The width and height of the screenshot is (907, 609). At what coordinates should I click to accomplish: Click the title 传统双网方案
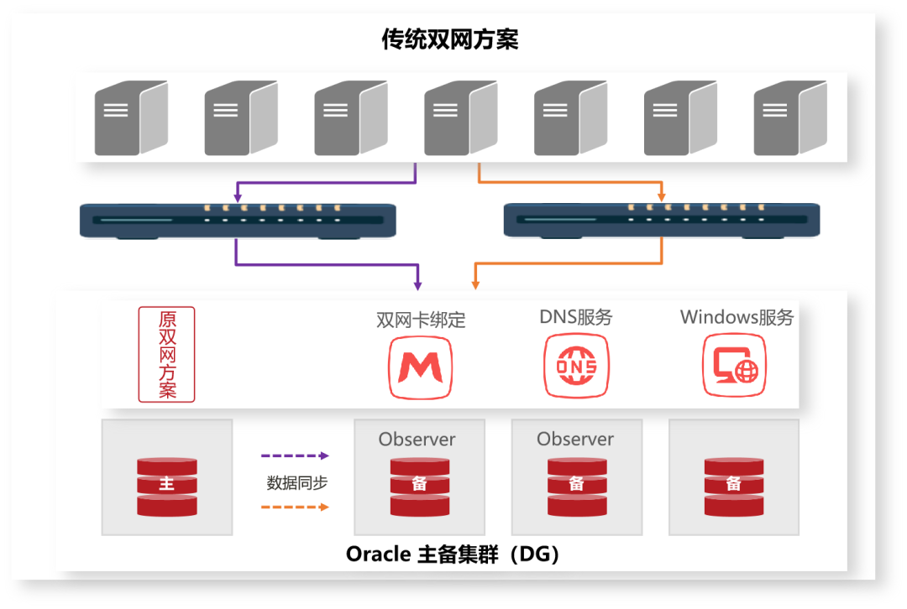pyautogui.click(x=450, y=39)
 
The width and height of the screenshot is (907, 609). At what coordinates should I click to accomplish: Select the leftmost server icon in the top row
pyautogui.click(x=131, y=117)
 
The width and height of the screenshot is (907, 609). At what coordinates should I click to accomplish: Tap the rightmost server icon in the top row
pyautogui.click(x=790, y=117)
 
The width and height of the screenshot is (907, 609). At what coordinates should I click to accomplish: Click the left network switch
pyautogui.click(x=238, y=221)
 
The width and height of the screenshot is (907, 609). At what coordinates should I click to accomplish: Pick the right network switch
pyautogui.click(x=662, y=221)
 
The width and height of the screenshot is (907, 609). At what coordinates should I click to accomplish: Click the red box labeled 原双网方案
pyautogui.click(x=166, y=354)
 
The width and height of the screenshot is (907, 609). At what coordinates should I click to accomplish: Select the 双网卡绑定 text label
pyautogui.click(x=421, y=320)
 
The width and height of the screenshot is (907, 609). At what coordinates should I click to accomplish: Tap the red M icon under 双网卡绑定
pyautogui.click(x=421, y=367)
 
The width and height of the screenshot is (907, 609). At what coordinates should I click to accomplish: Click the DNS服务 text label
pyautogui.click(x=576, y=318)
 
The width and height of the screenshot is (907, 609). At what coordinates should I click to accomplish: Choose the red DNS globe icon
pyautogui.click(x=576, y=367)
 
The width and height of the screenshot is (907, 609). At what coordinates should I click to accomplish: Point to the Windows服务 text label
pyautogui.click(x=737, y=318)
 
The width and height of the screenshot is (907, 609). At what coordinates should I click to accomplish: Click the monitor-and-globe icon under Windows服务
pyautogui.click(x=735, y=367)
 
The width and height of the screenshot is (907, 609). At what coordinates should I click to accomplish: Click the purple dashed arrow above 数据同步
pyautogui.click(x=295, y=456)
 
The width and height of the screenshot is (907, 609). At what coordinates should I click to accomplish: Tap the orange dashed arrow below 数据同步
pyautogui.click(x=295, y=507)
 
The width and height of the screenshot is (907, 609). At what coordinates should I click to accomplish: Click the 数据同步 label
pyautogui.click(x=296, y=482)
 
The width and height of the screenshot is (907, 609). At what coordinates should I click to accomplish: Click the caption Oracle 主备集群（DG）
pyautogui.click(x=453, y=554)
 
